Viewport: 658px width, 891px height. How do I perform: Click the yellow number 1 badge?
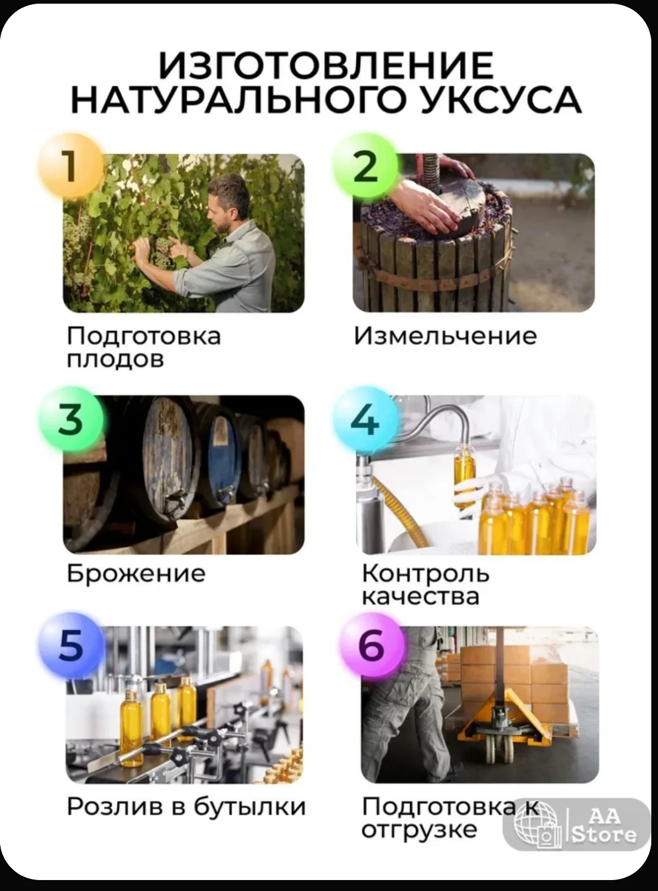[70, 166]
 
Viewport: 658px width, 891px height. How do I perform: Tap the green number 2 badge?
[366, 166]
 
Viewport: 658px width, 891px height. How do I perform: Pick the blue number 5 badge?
[71, 645]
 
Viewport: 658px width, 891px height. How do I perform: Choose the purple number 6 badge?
[372, 645]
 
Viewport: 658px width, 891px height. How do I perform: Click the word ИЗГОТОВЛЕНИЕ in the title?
[326, 65]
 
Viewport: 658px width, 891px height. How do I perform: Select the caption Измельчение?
[445, 336]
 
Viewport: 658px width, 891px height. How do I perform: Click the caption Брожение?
[136, 573]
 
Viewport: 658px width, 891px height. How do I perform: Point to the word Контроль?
[425, 573]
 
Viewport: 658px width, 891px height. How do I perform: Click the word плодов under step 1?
[115, 359]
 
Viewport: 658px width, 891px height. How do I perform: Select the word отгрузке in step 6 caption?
[419, 830]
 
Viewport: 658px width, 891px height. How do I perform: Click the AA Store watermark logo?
[576, 825]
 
